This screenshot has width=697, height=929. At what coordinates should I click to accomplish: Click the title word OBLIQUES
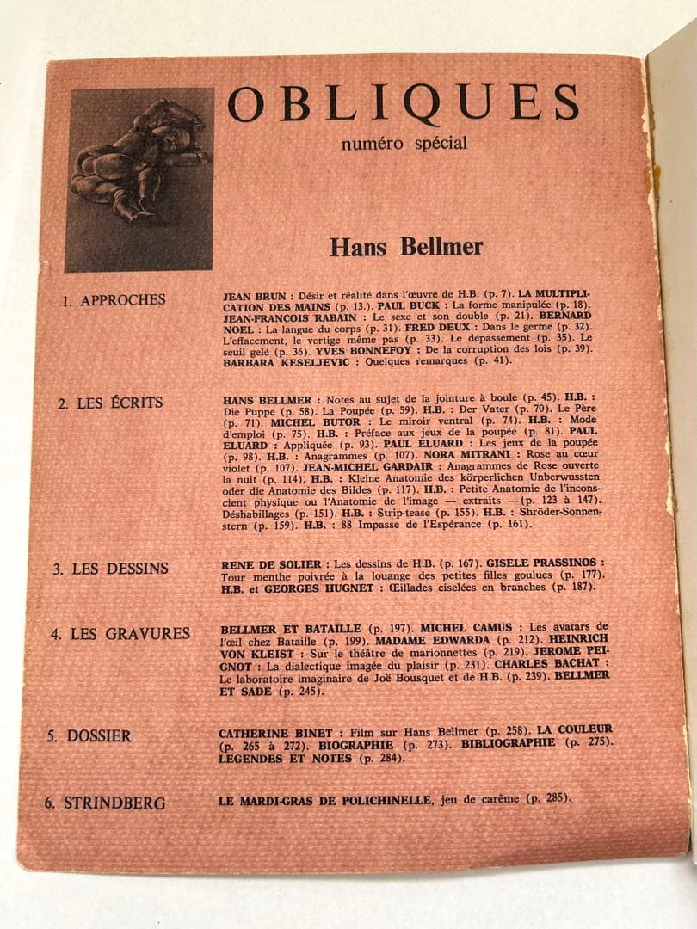point(403,103)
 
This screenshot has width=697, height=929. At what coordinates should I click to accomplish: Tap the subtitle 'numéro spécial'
point(404,143)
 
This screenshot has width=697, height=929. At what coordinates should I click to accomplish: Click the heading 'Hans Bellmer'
point(406,247)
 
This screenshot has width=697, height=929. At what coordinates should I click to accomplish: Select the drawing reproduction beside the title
point(139,180)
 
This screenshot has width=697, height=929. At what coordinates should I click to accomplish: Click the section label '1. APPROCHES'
point(114,300)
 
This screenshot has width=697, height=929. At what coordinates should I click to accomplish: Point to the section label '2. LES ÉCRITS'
point(109,403)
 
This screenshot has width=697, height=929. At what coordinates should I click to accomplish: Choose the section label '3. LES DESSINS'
point(109,569)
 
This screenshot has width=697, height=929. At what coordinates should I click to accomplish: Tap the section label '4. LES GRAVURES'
point(120,634)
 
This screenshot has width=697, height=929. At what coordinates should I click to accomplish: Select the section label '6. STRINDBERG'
point(105,803)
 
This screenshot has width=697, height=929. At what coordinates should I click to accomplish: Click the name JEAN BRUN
point(248,294)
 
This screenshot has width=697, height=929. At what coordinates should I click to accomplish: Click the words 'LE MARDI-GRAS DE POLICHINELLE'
point(324,800)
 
